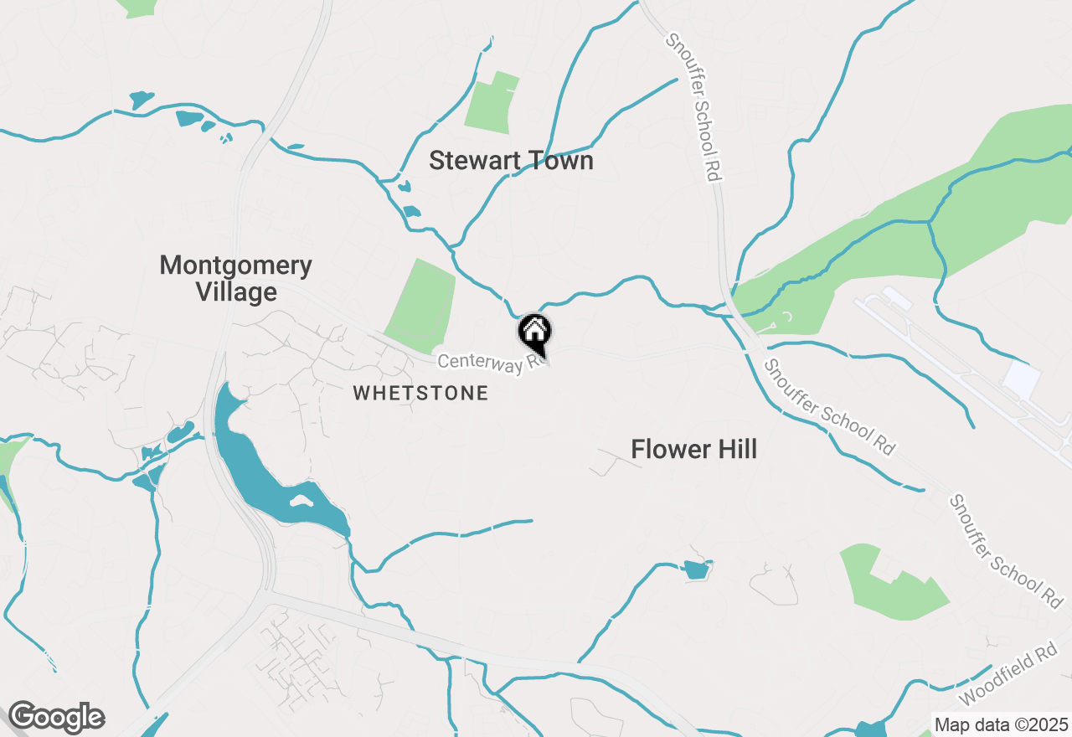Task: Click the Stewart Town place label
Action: click(511, 161)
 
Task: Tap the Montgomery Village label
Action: click(235, 279)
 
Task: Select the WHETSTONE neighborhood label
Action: click(420, 394)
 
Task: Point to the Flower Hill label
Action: click(693, 450)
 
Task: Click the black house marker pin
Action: click(534, 332)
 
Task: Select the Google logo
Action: click(56, 717)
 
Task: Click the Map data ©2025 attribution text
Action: click(1001, 724)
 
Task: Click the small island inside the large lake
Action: click(301, 502)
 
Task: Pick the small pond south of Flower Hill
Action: click(695, 571)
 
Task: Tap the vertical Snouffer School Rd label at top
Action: click(693, 106)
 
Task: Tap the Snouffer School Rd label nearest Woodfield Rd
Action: click(1006, 550)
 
